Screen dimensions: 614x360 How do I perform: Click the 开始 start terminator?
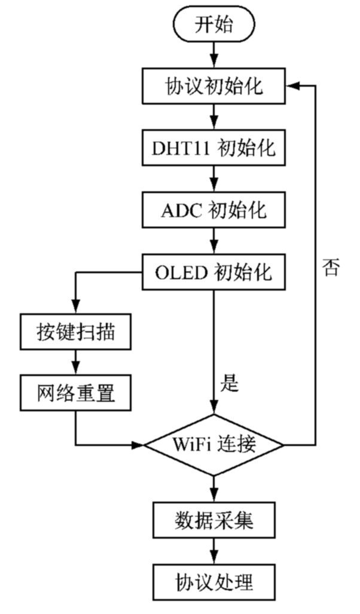(x=213, y=25)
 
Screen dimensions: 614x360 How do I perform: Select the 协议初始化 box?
(x=213, y=87)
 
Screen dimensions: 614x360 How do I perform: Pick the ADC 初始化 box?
(x=213, y=210)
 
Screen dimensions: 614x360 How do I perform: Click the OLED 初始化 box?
(x=213, y=272)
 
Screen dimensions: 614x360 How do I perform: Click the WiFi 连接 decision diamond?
(x=213, y=445)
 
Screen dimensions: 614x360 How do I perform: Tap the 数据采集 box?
(x=213, y=520)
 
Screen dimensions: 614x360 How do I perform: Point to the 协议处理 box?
(x=213, y=581)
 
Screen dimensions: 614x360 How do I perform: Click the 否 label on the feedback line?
(x=330, y=267)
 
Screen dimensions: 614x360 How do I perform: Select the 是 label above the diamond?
(x=230, y=383)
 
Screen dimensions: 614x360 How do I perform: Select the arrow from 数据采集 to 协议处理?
(x=213, y=550)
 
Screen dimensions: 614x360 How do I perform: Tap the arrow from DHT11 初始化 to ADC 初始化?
(x=213, y=179)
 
